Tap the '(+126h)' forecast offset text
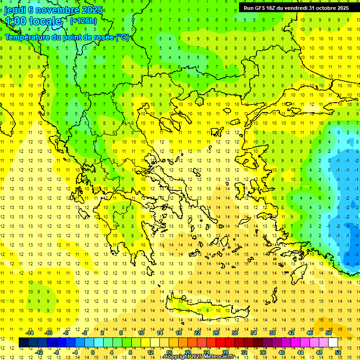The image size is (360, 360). [x=83, y=21]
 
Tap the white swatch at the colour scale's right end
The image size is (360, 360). [x=333, y=342]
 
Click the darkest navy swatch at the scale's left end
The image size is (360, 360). [x=23, y=342]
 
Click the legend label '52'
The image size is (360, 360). [x=338, y=352]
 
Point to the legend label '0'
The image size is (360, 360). [x=93, y=352]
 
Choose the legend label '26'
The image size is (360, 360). [x=216, y=333]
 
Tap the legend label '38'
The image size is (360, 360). [x=272, y=333]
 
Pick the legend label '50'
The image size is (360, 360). [x=329, y=333]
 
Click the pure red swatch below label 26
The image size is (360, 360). [x=220, y=342]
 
